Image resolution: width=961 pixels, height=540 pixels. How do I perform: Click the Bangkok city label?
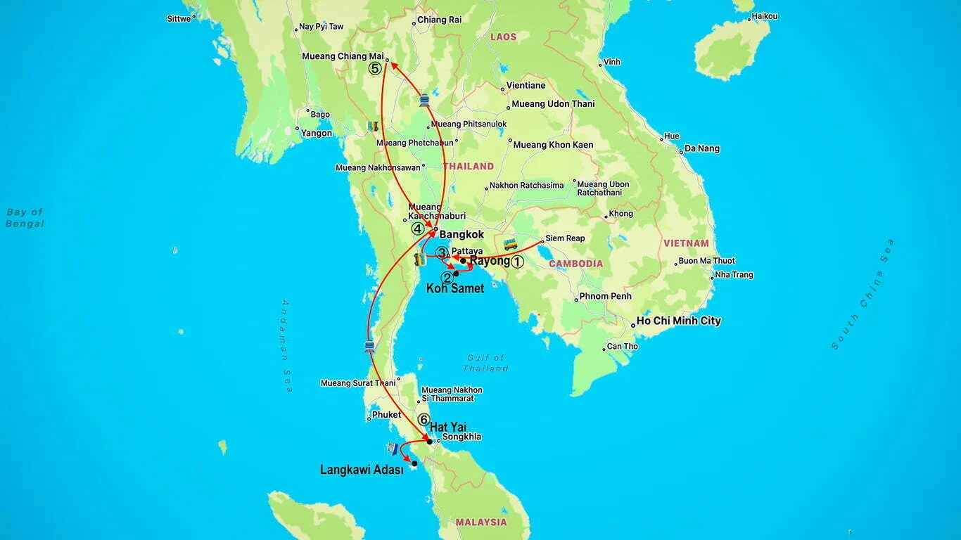[462, 234]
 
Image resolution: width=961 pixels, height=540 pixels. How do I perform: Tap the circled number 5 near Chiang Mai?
[375, 68]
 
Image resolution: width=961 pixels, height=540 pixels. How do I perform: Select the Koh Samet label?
[455, 288]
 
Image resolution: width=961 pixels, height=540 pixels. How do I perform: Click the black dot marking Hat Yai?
[429, 442]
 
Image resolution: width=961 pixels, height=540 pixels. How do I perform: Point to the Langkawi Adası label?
[362, 470]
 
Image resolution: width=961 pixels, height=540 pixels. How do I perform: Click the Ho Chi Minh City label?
[678, 321]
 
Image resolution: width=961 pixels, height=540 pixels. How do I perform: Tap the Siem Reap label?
[565, 238]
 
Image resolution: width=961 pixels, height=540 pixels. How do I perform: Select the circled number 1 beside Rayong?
[517, 262]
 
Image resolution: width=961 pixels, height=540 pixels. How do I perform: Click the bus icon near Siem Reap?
[511, 245]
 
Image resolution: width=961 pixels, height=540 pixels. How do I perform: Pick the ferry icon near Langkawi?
[393, 448]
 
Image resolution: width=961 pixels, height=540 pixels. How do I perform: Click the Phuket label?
[386, 415]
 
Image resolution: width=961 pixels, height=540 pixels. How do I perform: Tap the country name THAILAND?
[468, 167]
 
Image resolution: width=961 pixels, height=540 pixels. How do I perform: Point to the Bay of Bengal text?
[25, 218]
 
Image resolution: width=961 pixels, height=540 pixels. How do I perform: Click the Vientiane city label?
[527, 86]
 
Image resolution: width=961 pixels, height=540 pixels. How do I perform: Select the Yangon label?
[317, 133]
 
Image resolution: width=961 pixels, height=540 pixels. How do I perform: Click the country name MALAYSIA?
[480, 522]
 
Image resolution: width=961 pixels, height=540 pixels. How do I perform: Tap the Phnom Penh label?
[605, 297]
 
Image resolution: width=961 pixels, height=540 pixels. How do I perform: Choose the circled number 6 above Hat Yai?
[423, 420]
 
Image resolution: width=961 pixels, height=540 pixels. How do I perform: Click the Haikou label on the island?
[764, 16]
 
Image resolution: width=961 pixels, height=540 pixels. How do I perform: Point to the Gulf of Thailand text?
[485, 363]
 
